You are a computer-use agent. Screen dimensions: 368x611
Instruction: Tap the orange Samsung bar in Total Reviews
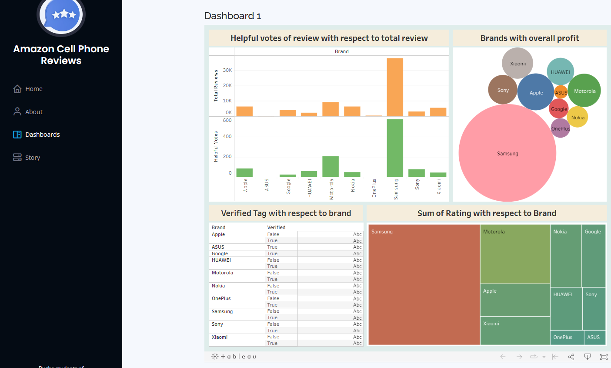click(x=395, y=87)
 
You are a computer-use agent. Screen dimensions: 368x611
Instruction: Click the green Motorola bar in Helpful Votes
click(x=331, y=166)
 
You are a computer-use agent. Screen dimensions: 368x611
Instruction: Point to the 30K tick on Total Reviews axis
click(x=227, y=70)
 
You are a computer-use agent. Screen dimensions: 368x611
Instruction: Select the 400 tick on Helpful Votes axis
click(x=227, y=136)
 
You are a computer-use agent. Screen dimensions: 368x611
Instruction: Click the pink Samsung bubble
click(x=507, y=153)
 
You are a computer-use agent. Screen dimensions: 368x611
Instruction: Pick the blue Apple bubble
click(x=536, y=92)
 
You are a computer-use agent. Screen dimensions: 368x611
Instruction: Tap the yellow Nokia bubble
click(x=578, y=117)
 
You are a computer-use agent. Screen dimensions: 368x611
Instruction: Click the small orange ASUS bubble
click(x=561, y=92)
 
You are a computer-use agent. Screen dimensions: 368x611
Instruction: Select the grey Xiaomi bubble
click(x=518, y=63)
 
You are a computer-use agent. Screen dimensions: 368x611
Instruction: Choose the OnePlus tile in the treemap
click(x=567, y=338)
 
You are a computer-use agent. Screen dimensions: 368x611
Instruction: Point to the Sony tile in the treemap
click(x=594, y=308)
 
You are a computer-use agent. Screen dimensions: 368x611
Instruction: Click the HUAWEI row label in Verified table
click(x=221, y=260)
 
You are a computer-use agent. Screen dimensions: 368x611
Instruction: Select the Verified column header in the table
click(x=276, y=227)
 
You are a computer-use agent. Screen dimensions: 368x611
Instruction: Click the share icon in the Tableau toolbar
click(x=571, y=357)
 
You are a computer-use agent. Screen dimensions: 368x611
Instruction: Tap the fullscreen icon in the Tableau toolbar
click(x=604, y=357)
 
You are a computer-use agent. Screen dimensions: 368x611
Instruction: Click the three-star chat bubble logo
click(x=61, y=14)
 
